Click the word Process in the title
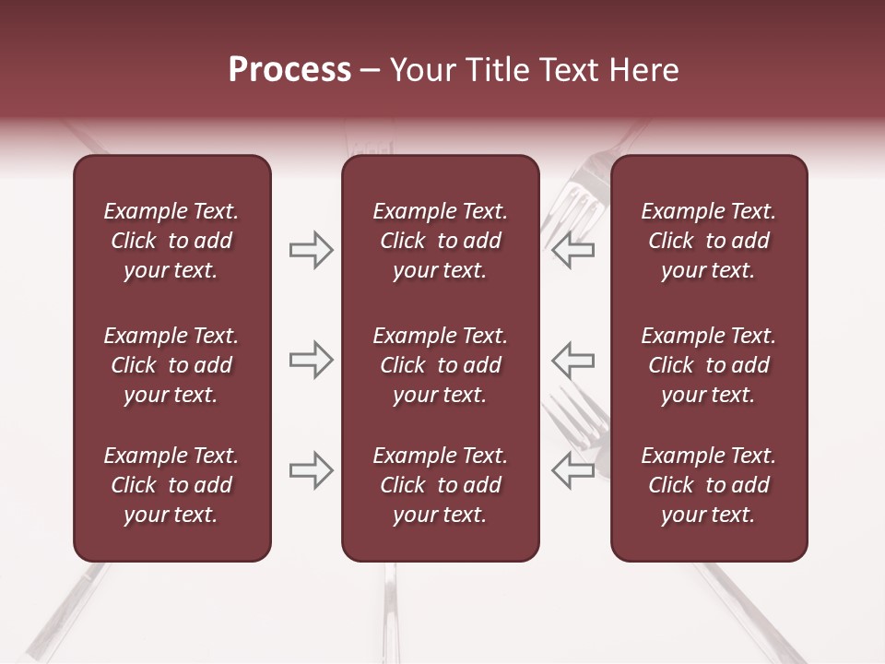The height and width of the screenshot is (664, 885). (289, 70)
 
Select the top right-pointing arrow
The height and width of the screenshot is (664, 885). (311, 251)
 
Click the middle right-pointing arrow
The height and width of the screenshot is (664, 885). (311, 360)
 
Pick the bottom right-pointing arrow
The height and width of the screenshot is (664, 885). (311, 470)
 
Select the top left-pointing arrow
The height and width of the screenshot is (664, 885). (573, 251)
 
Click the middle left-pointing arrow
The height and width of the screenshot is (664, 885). (573, 360)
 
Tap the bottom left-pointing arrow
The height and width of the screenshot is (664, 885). (573, 470)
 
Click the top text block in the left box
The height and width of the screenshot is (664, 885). (171, 241)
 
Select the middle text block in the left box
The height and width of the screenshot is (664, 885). (171, 365)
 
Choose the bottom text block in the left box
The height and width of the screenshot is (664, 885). (171, 485)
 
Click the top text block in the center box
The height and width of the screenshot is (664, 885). (440, 241)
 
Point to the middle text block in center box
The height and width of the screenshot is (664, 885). (440, 365)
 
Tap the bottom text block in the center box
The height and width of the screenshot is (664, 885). (440, 485)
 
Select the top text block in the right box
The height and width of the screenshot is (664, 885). (709, 241)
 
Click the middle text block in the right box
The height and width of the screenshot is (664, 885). (709, 365)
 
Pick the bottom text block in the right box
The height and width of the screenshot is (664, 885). (709, 485)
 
